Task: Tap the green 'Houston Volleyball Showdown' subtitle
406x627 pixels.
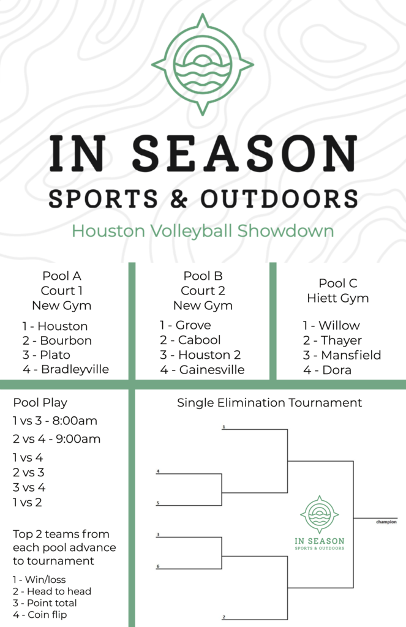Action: click(x=203, y=231)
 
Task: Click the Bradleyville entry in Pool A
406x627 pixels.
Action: click(x=75, y=369)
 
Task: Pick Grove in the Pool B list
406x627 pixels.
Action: click(x=193, y=325)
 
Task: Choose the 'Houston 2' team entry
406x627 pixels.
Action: click(x=209, y=355)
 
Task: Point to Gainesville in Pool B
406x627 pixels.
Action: click(x=212, y=369)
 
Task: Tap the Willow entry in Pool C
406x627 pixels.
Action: click(x=339, y=326)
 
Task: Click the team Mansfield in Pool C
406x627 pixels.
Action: click(x=351, y=355)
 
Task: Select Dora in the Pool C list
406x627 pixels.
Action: click(x=337, y=370)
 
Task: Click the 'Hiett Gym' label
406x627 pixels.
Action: click(x=338, y=298)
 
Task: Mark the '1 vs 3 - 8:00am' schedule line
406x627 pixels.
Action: click(x=55, y=421)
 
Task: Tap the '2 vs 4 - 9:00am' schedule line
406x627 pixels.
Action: click(x=56, y=438)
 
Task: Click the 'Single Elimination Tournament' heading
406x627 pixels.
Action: click(x=269, y=403)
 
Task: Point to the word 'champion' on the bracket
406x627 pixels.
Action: click(x=386, y=522)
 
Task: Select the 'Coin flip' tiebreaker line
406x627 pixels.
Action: click(x=40, y=615)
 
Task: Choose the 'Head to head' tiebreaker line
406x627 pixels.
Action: click(x=52, y=591)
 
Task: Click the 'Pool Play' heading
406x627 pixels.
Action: click(x=40, y=403)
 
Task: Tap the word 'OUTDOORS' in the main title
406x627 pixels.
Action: click(x=279, y=199)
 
